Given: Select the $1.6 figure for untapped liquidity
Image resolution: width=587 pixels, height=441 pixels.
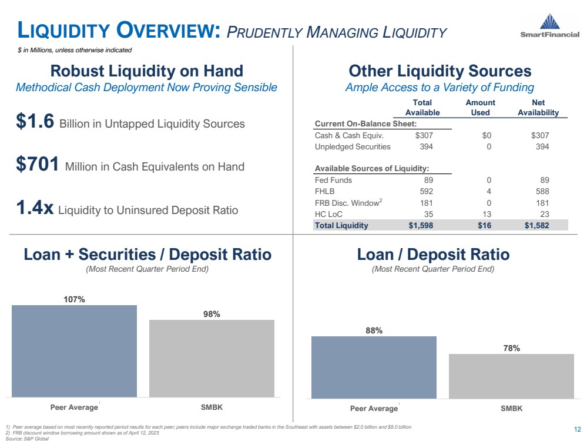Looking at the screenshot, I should pos(35,122).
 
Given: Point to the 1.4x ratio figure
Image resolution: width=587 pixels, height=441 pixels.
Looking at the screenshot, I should pos(35,208).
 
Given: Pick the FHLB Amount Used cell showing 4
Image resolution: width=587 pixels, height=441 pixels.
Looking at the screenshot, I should pos(488,192).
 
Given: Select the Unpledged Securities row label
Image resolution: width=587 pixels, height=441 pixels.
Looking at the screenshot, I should pos(353,146).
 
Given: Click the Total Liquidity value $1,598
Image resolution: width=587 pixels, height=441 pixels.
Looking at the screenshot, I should pos(421,225).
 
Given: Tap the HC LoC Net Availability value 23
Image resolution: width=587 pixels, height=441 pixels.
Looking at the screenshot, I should pos(544,214).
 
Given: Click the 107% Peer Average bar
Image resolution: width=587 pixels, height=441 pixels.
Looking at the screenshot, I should pos(74,350).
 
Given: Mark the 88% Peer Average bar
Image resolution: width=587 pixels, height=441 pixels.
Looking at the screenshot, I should pos(374,367).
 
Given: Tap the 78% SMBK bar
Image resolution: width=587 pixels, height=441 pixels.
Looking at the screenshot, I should pos(511,376).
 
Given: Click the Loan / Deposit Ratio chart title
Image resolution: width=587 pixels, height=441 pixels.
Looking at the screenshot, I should pos(432,255).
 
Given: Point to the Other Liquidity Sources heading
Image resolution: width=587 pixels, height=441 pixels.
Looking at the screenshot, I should pos(440,72).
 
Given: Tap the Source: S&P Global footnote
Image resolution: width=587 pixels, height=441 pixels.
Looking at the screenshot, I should pos(26,438).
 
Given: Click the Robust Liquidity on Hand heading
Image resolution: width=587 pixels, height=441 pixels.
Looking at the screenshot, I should pos(147,72).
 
